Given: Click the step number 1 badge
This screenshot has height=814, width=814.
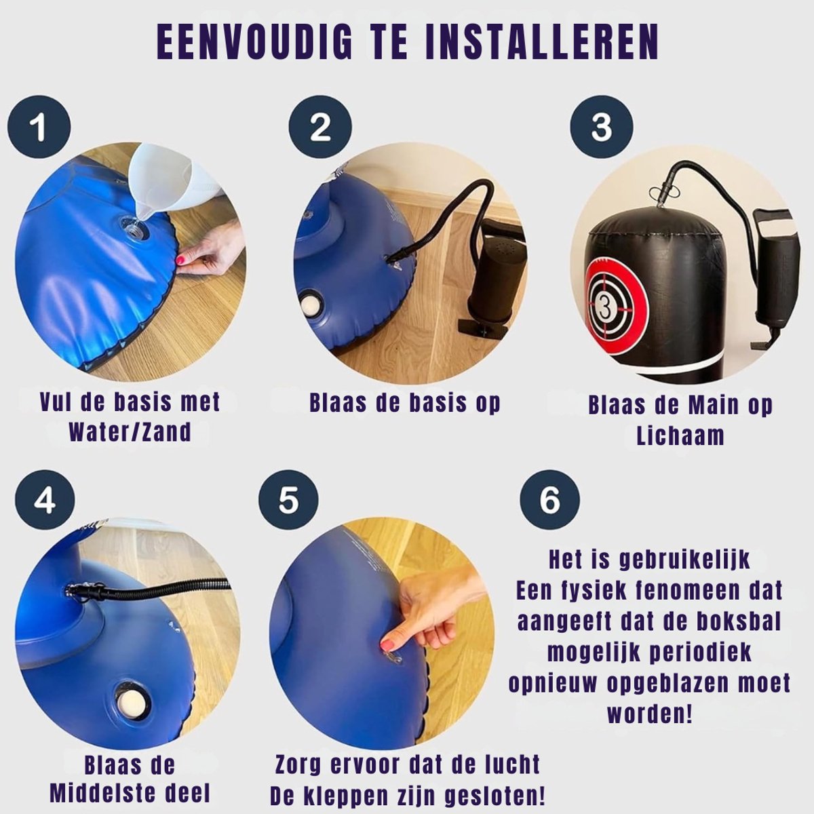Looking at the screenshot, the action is (x=39, y=126).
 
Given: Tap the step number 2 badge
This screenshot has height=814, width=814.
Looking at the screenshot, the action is (x=320, y=126).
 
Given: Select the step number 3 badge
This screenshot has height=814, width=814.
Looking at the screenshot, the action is (x=602, y=126).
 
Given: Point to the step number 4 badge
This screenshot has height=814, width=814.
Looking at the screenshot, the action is (x=44, y=501).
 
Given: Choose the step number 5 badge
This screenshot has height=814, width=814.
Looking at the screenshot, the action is (x=288, y=501).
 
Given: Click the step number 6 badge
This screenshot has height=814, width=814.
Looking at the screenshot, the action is (x=549, y=501).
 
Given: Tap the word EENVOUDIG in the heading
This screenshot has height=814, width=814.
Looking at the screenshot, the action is (x=255, y=44).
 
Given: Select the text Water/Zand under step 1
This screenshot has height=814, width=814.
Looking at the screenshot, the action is (x=130, y=431).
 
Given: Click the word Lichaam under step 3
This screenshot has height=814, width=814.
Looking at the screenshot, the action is (x=680, y=435).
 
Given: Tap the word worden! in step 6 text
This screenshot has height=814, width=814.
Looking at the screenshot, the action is (x=650, y=713).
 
